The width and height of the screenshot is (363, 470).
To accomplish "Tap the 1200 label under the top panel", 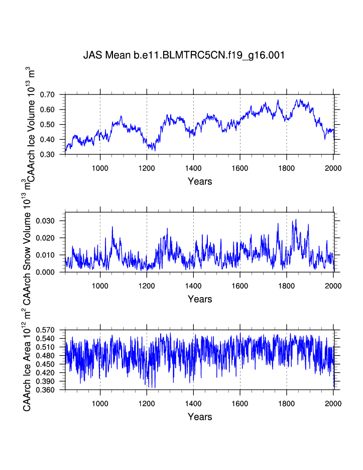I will point(147,167).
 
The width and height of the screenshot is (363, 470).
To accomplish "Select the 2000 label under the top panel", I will point(333,167).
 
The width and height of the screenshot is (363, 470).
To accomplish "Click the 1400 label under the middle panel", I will point(193,285).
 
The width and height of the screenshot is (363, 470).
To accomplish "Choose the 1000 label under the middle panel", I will point(100,285).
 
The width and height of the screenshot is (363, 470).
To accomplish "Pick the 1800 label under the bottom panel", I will point(287,403).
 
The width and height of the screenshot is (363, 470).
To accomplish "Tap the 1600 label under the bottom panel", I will point(240,403).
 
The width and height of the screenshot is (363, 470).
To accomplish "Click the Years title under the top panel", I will point(200,181).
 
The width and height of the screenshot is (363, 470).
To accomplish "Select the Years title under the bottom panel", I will point(200,417).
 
